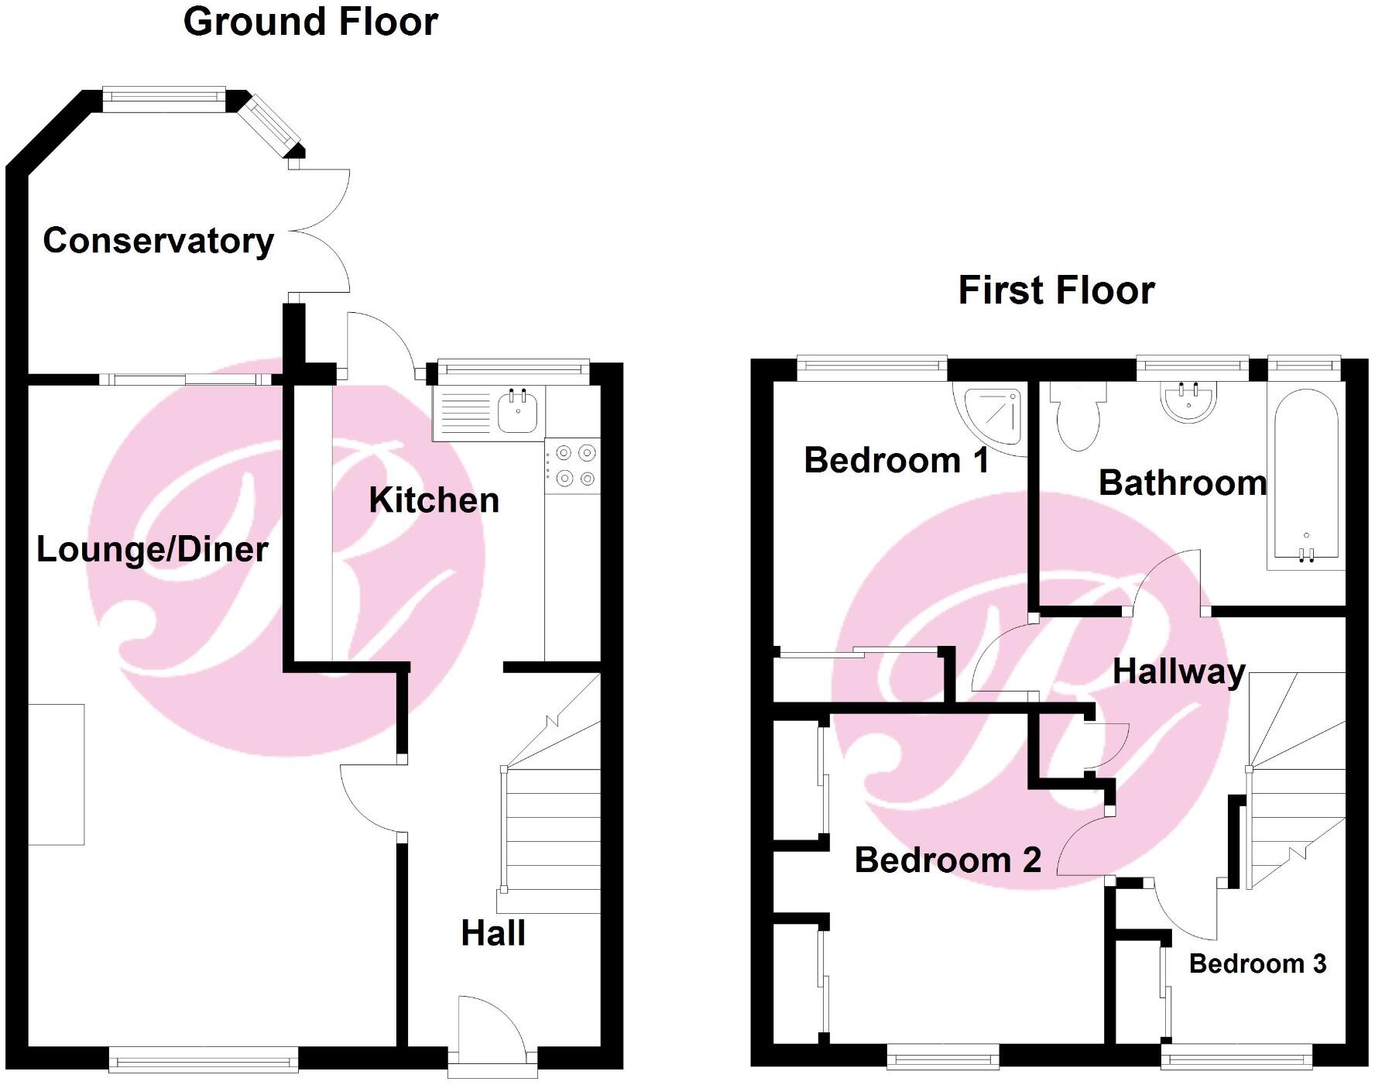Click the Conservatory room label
158,241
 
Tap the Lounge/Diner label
153,550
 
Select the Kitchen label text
434,500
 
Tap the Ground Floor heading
310,22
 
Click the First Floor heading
1056,290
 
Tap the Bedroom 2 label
948,860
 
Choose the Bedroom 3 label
1257,964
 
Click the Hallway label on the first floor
1178,671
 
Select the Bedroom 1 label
897,461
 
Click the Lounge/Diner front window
204,1059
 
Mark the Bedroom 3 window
1236,1056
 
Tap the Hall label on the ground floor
493,933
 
